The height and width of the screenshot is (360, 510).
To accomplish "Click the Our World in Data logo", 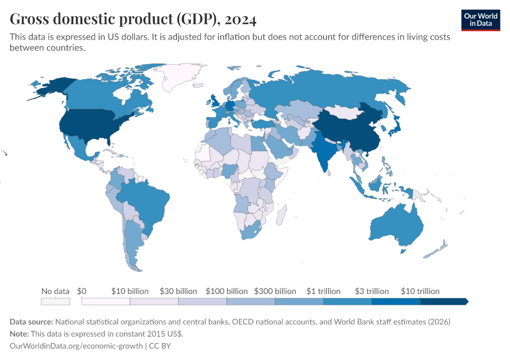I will click(x=481, y=20).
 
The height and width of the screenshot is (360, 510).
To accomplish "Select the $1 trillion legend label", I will click(x=323, y=291).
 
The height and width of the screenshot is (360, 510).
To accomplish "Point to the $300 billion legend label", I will click(x=275, y=291).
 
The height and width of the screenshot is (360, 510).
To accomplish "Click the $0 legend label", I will click(x=82, y=291).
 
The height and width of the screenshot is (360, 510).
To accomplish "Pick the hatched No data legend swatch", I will click(x=55, y=301).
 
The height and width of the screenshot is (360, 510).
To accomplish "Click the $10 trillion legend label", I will click(x=420, y=291).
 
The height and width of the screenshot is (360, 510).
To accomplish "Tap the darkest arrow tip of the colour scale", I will click(x=466, y=301).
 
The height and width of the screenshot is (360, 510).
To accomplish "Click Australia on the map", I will click(x=396, y=225).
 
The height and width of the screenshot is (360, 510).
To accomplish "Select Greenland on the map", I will click(x=180, y=75).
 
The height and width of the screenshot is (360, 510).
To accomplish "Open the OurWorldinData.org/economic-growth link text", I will click(x=77, y=346).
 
